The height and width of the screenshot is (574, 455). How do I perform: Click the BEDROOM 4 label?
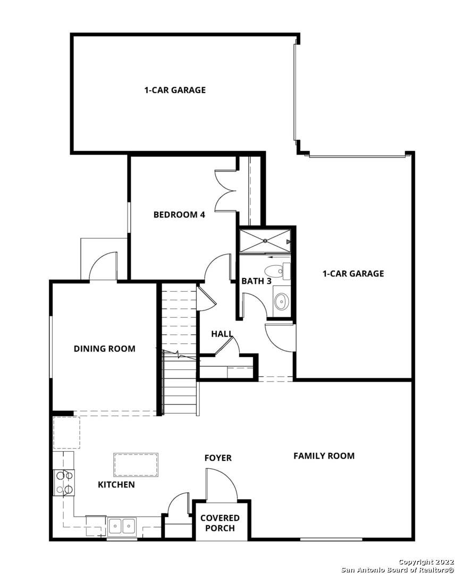coord(179,215)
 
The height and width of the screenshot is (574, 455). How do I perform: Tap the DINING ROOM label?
coord(104,349)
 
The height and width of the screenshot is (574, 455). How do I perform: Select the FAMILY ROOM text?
coord(324,455)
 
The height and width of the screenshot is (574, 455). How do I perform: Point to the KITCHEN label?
coord(116,484)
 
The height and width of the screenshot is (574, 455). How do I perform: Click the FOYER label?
coord(218,458)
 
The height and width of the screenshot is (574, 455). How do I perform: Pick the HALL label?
coord(222,334)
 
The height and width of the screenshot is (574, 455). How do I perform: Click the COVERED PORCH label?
coord(220,522)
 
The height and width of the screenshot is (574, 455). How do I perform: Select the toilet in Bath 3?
coord(276,270)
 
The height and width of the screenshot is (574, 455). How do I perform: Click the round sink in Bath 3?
coord(281,301)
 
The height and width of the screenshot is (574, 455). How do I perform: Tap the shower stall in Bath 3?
coord(265,241)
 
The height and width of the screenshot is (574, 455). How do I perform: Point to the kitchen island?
coord(136,465)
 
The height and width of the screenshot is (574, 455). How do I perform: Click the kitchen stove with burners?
coord(64,483)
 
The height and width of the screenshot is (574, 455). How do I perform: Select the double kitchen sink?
coord(122,526)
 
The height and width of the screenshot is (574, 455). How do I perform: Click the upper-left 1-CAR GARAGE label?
coord(175,90)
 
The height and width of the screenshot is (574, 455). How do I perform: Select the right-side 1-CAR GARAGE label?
coord(353,274)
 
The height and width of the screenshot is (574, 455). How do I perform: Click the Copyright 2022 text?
coord(425,562)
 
